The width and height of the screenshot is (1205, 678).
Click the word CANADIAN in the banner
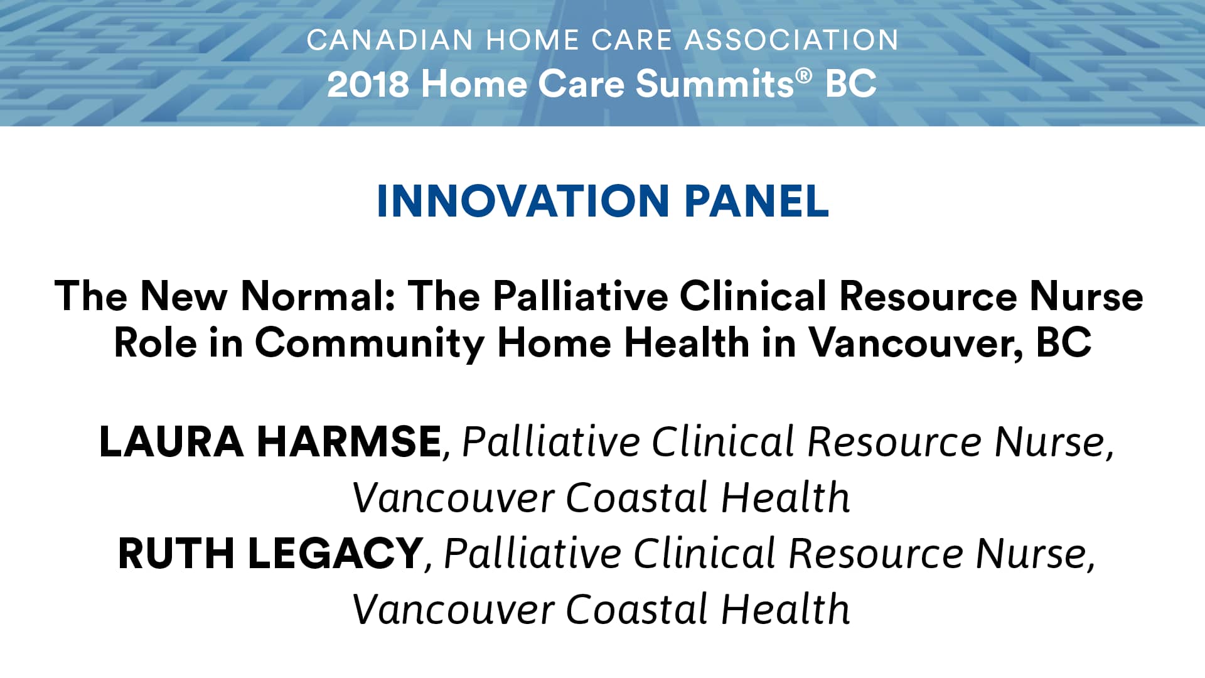(390, 40)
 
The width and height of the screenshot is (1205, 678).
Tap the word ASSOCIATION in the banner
(791, 40)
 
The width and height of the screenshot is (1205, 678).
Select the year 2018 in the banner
(368, 84)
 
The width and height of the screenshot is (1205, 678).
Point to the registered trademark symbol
(804, 77)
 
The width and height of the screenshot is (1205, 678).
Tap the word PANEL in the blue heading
(757, 202)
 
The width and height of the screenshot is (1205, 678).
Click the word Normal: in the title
(318, 296)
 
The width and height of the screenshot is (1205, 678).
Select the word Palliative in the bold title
(581, 296)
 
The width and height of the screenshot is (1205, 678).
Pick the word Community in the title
(370, 343)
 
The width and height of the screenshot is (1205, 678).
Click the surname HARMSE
(350, 441)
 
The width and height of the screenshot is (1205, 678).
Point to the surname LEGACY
(336, 553)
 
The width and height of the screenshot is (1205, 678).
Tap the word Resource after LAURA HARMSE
(894, 441)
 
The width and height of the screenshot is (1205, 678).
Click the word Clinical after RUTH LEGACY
(705, 553)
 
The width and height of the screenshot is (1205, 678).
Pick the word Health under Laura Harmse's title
(785, 497)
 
